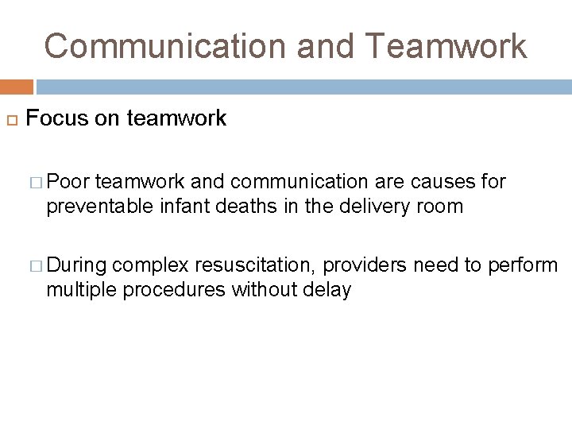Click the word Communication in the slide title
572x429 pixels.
164,46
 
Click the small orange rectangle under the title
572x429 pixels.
17,87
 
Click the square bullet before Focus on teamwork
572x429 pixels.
11,120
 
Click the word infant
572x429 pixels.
179,207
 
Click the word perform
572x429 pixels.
525,265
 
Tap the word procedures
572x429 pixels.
173,290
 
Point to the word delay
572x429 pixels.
327,290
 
